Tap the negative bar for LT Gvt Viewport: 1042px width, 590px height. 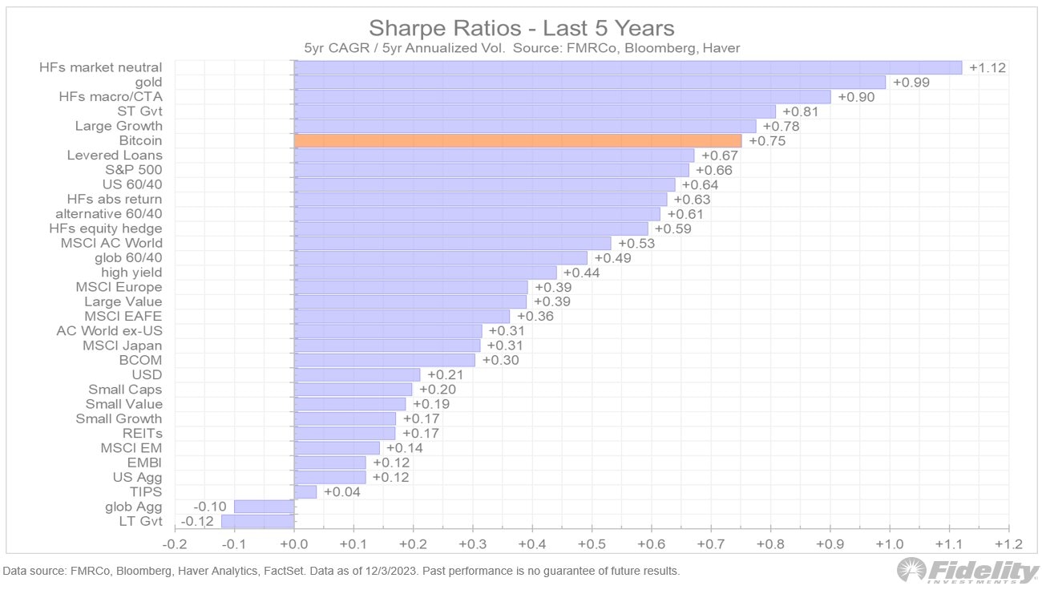pyautogui.click(x=257, y=521)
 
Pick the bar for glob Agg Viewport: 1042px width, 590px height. pyautogui.click(x=264, y=507)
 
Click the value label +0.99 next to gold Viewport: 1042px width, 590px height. pyautogui.click(x=911, y=83)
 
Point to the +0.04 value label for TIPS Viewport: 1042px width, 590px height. pyautogui.click(x=340, y=492)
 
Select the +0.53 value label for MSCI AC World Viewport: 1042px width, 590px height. pyautogui.click(x=636, y=243)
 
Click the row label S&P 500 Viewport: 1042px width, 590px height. pyautogui.click(x=134, y=170)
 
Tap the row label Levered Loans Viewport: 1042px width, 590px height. pyautogui.click(x=115, y=156)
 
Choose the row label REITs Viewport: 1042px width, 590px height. pyautogui.click(x=142, y=433)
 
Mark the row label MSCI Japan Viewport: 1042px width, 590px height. pyautogui.click(x=122, y=346)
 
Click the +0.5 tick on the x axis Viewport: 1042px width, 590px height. pyautogui.click(x=592, y=544)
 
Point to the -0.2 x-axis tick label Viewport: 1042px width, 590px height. pyautogui.click(x=175, y=544)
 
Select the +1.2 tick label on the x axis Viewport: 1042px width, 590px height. pyautogui.click(x=1008, y=544)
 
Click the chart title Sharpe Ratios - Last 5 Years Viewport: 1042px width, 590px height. pyautogui.click(x=521, y=28)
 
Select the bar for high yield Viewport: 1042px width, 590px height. pyautogui.click(x=425, y=273)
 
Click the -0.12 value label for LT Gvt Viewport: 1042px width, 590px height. pyautogui.click(x=196, y=521)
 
